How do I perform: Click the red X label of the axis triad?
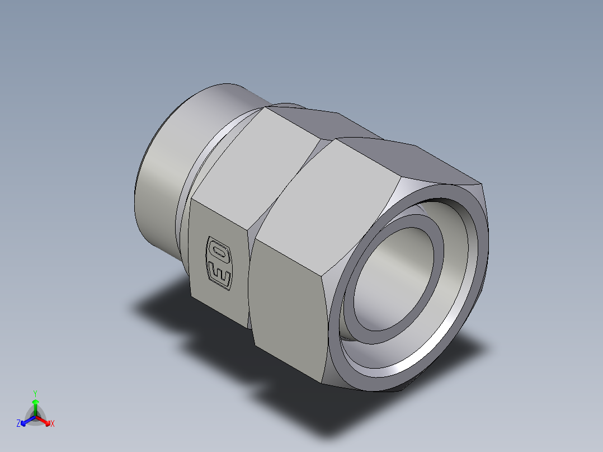point(53,424)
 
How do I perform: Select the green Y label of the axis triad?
point(35,393)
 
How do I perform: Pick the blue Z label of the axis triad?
point(18,424)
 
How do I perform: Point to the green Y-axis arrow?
point(35,406)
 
